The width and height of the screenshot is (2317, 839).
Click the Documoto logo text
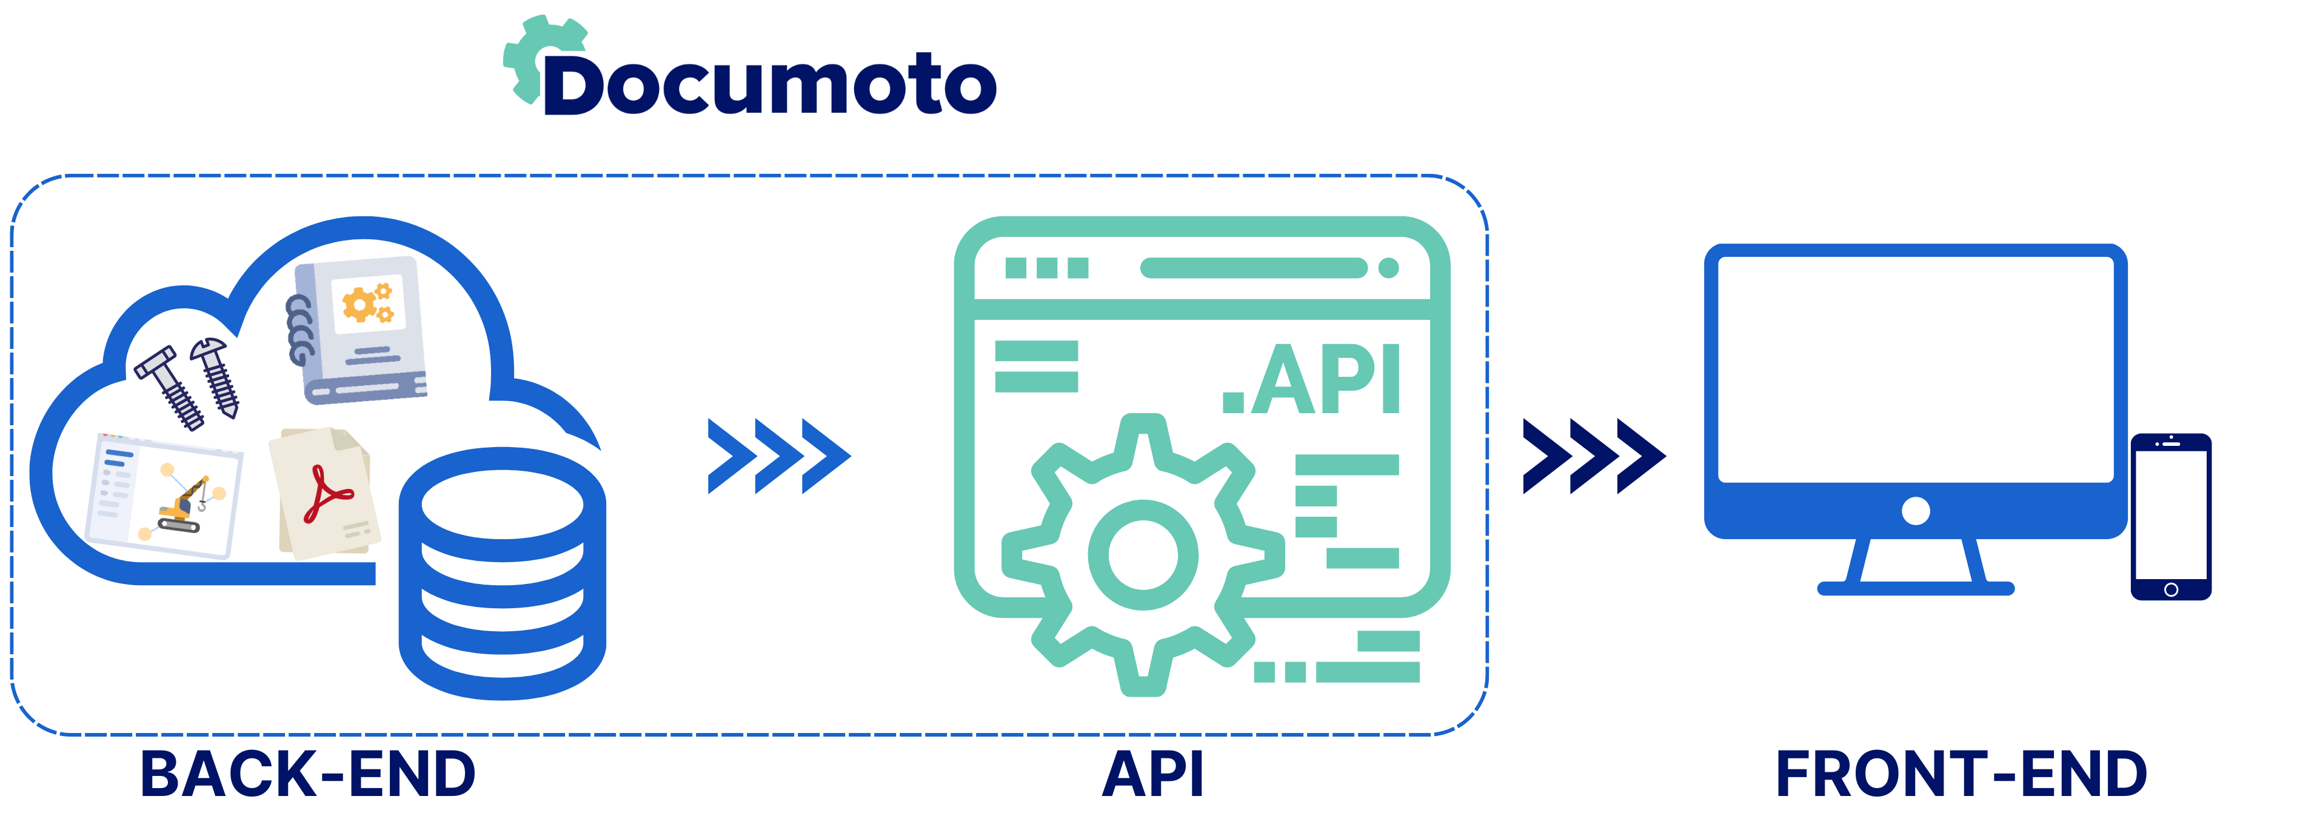tap(769, 87)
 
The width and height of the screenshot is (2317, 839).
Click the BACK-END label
tap(307, 775)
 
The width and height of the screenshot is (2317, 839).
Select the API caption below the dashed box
tap(1153, 775)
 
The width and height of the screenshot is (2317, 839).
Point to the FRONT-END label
tap(1961, 775)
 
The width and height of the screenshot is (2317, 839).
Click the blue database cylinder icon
tap(502, 575)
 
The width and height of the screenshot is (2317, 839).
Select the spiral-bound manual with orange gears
tap(359, 329)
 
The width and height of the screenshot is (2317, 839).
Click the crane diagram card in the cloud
tap(164, 494)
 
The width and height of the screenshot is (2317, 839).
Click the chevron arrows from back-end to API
tap(779, 456)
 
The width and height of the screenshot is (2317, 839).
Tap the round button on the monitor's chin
tap(1916, 511)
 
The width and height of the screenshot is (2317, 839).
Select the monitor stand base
tap(1916, 589)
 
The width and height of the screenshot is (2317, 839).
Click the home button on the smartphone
tap(2170, 589)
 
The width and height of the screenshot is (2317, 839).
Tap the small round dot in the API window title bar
tap(1389, 268)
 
